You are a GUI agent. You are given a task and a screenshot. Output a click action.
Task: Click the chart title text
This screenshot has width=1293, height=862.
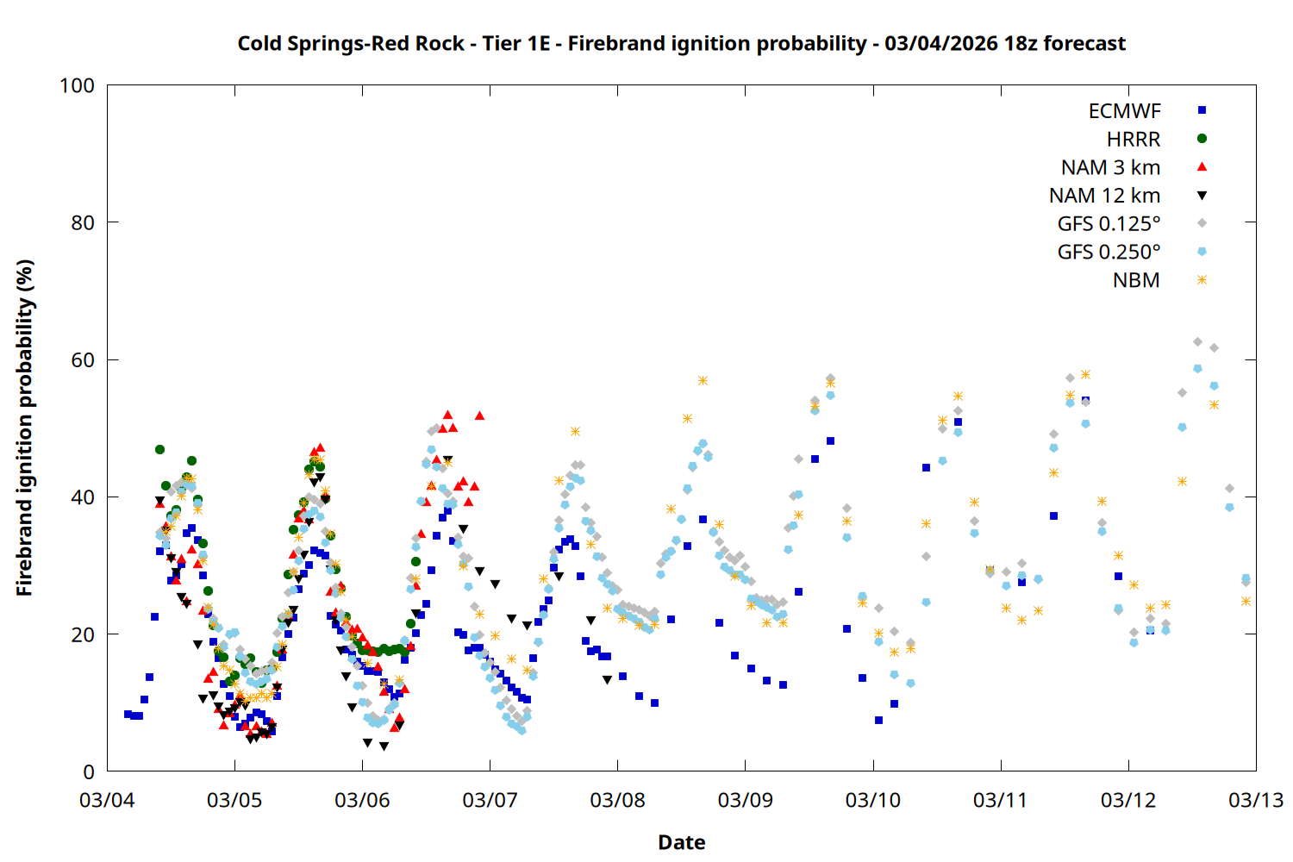coord(681,43)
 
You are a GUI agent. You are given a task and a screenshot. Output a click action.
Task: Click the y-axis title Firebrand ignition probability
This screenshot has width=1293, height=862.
coord(24,428)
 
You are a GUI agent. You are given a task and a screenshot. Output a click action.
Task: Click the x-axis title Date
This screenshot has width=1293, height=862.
coord(681,842)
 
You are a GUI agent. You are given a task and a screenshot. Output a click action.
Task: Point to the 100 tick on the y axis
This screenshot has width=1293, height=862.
coord(77,85)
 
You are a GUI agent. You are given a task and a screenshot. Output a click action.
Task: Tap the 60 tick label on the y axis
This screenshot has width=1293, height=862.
coord(83,360)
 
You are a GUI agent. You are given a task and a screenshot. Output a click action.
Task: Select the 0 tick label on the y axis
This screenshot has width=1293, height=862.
coord(89,772)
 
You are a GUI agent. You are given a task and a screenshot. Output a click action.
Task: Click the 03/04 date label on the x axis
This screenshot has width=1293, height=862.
coord(107,800)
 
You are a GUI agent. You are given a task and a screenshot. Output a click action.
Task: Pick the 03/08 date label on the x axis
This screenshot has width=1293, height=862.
coord(617,800)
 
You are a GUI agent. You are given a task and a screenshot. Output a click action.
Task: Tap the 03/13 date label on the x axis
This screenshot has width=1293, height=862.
coord(1255,800)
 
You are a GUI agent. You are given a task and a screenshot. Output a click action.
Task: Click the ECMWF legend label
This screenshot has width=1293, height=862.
coord(1124,111)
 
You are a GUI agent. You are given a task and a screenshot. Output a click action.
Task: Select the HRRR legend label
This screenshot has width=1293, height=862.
coord(1134,140)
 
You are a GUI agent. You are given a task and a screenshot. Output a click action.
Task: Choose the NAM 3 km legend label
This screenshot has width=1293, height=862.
coord(1110,167)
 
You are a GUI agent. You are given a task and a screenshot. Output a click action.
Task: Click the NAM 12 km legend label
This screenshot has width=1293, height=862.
coord(1104,196)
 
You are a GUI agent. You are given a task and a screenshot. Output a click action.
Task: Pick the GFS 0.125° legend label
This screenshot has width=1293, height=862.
coord(1109,224)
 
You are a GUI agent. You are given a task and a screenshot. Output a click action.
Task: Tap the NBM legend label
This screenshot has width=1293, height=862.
coord(1136,280)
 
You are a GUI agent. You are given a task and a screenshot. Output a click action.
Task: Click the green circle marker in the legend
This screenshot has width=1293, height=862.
coord(1202,139)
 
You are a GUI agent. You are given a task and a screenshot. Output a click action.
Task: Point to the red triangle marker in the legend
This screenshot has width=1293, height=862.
coord(1202,166)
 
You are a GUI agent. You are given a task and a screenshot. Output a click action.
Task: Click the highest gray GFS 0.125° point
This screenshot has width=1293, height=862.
coord(1197,342)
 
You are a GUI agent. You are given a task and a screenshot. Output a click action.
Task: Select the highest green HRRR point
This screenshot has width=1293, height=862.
coord(159,449)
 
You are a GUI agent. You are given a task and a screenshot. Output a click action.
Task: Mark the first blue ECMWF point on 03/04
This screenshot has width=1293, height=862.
coord(128,714)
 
